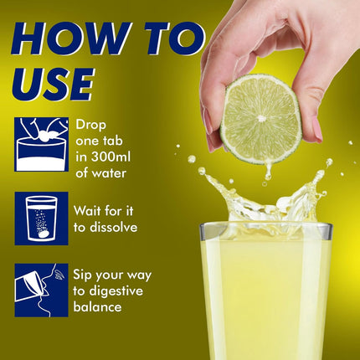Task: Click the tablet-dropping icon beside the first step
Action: pos(42,144)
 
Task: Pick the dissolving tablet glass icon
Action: pos(42,219)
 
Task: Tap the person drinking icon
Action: pos(42,291)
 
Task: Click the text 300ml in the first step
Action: pos(110,157)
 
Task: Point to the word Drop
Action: pos(90,126)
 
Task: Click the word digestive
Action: pos(116,291)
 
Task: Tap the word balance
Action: pos(97,306)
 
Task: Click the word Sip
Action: pos(83,275)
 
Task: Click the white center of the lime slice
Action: pos(261,118)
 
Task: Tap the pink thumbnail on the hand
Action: pos(317,130)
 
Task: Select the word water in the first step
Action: pos(109,173)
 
